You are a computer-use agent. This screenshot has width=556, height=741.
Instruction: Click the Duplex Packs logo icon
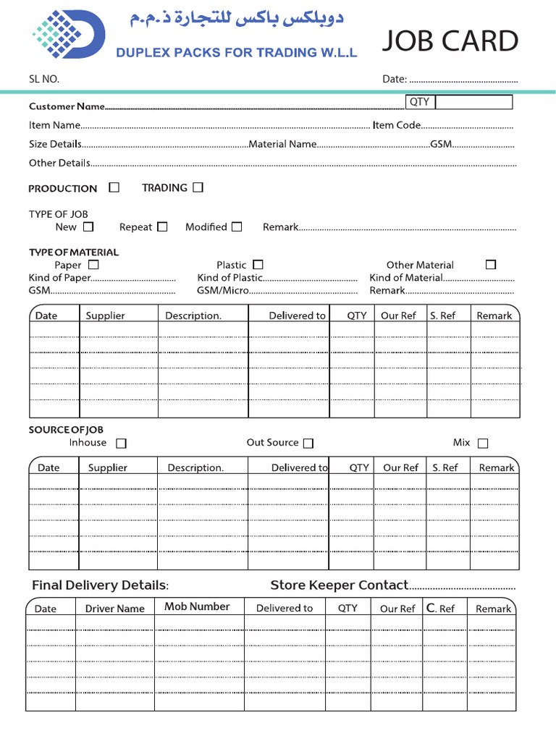(x=68, y=34)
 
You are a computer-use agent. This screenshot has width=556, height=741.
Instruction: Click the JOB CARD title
(x=450, y=41)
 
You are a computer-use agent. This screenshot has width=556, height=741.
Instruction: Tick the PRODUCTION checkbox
(x=114, y=187)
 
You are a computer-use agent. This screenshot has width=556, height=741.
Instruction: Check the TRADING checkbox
(x=198, y=187)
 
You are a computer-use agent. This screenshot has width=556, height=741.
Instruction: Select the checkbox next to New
(x=88, y=226)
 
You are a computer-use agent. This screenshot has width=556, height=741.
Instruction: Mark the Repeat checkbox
(x=162, y=226)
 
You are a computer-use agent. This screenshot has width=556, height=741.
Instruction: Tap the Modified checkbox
(x=237, y=226)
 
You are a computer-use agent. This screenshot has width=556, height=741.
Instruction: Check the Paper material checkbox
(x=93, y=265)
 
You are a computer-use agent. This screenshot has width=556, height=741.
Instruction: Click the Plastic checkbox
(x=258, y=265)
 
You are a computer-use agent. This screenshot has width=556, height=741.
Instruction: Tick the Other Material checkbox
(x=491, y=265)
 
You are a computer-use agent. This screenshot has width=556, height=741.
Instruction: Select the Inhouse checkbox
(x=121, y=443)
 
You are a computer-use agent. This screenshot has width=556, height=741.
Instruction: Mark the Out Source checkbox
(x=308, y=443)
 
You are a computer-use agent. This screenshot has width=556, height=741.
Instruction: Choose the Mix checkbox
(x=483, y=443)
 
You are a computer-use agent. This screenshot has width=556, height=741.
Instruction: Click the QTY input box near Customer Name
(x=473, y=103)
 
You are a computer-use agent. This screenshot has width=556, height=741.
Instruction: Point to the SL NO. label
(x=44, y=79)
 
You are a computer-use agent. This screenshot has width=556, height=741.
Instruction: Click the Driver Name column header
(x=114, y=609)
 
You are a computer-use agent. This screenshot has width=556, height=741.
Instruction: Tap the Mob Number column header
(x=197, y=606)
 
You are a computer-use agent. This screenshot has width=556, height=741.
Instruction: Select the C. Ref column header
(x=440, y=609)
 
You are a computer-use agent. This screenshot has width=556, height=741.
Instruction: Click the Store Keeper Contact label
(x=339, y=585)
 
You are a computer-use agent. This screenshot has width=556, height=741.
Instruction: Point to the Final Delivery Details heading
(x=100, y=585)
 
